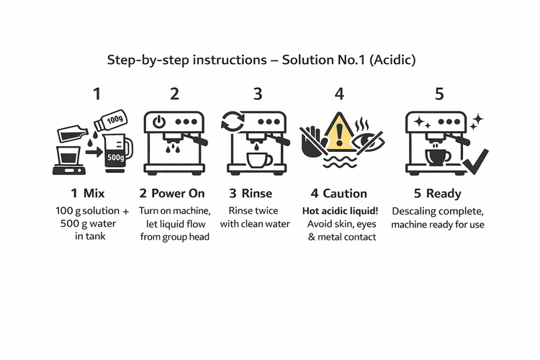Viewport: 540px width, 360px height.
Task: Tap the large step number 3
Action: pos(258,94)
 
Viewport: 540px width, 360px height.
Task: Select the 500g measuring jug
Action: pos(116,153)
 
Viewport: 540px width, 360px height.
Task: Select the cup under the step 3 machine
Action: pos(258,158)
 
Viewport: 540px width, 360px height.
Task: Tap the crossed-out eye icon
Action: pos(369,140)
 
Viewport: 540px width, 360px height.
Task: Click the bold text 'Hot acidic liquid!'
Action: pos(340,211)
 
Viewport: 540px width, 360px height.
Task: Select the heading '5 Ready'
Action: pos(438,193)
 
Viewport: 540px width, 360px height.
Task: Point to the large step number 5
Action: pos(439,94)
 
